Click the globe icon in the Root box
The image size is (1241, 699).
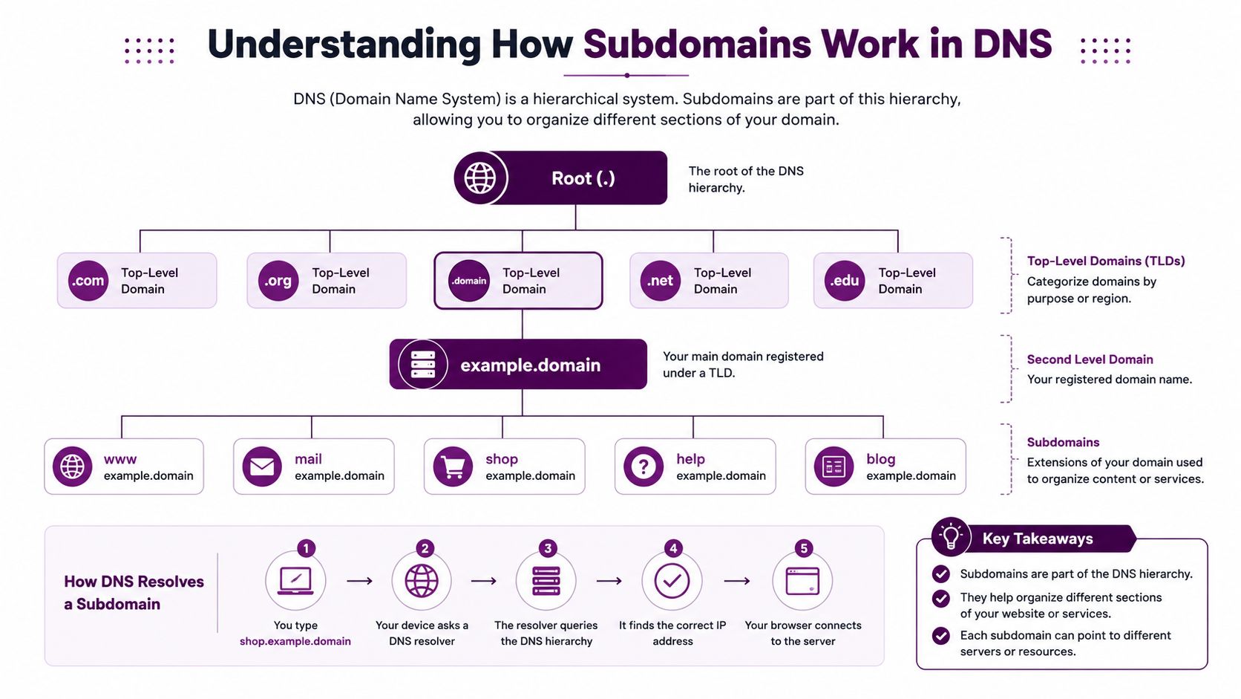(x=479, y=178)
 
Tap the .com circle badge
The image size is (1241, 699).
(x=88, y=281)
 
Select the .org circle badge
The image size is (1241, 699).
(x=278, y=281)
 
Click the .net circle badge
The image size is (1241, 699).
(x=661, y=281)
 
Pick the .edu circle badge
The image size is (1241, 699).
(x=845, y=281)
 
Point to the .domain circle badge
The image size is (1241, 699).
(x=468, y=281)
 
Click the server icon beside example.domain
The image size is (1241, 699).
(x=423, y=364)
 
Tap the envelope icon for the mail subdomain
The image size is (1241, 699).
(x=262, y=466)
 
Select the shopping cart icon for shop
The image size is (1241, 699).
(x=453, y=466)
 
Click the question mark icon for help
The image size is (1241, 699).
(x=644, y=466)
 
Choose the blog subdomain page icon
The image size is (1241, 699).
(x=834, y=466)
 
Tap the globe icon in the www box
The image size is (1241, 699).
(x=73, y=466)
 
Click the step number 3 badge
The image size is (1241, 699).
(x=548, y=548)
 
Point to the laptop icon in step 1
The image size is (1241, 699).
(x=295, y=581)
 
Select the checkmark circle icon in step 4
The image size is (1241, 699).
(x=672, y=581)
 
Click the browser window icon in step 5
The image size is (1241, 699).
(x=802, y=581)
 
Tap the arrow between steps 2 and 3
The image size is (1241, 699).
(x=484, y=581)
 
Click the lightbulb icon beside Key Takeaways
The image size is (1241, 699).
(x=952, y=536)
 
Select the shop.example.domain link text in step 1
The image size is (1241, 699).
(x=295, y=641)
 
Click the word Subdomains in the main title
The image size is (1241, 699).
(x=697, y=45)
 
